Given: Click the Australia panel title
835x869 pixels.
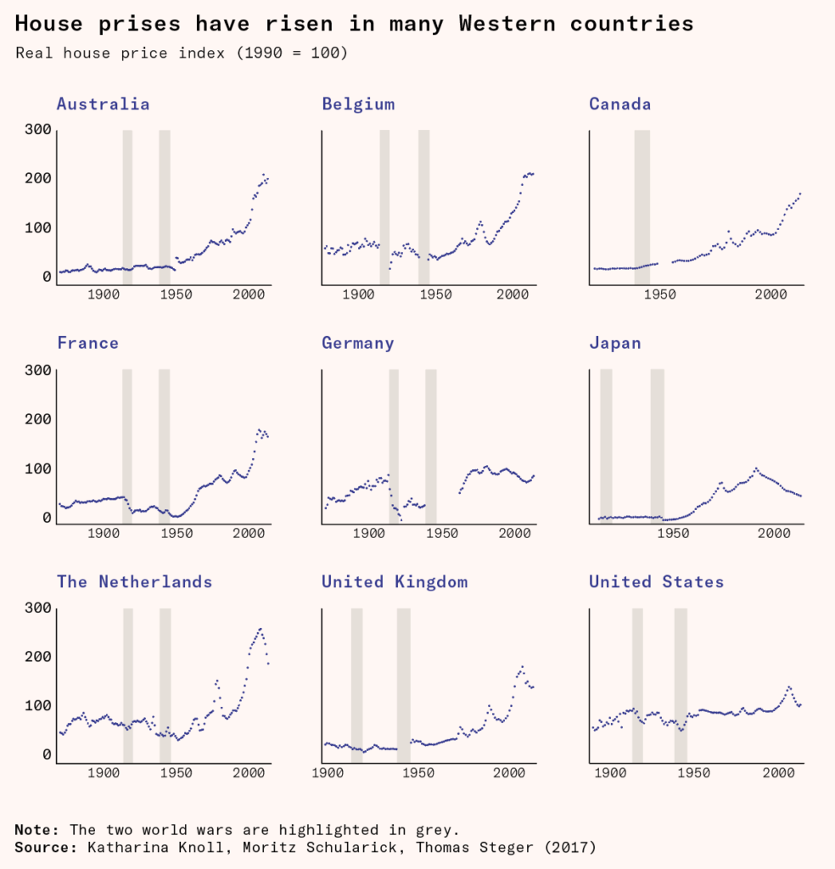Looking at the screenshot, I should tap(103, 104).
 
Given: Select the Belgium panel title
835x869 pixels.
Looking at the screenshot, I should tap(358, 104).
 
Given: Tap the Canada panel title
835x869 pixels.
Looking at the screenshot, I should tap(620, 104).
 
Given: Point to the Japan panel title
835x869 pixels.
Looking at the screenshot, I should tap(615, 344).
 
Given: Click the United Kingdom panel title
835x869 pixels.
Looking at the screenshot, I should tap(395, 582).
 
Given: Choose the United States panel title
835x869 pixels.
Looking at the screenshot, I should tap(657, 582).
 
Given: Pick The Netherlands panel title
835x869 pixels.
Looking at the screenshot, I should tap(134, 582).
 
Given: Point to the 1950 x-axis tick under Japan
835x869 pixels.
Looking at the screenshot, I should tap(674, 534).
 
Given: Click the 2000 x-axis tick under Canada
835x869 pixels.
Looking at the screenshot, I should tap(771, 294).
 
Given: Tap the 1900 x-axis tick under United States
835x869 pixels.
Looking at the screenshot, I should tap(608, 773).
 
